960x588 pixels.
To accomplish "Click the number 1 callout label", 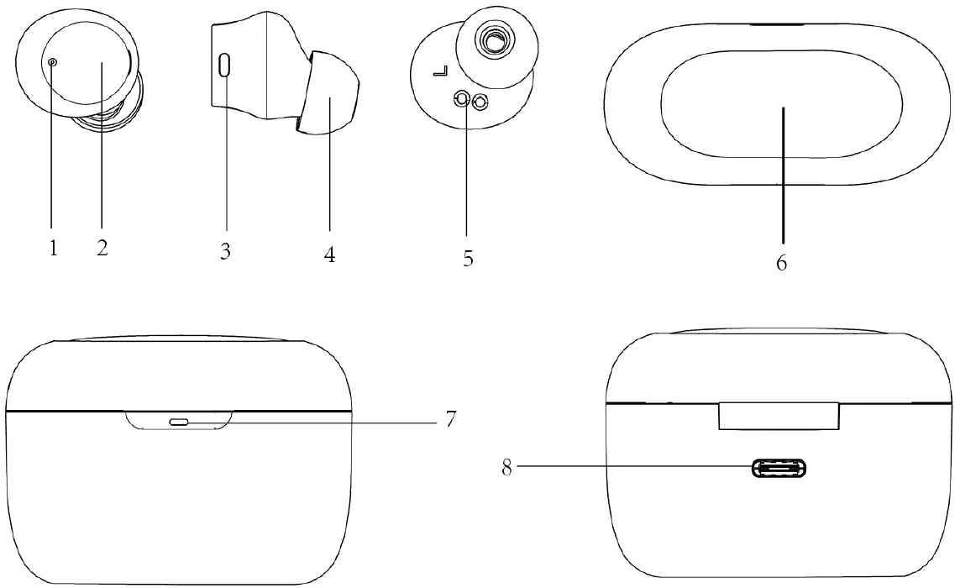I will (53, 249).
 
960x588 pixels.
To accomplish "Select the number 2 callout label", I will (102, 249).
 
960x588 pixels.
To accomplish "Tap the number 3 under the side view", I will (225, 252).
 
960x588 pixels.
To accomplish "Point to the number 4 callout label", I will (329, 255).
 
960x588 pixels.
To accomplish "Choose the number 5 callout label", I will (468, 259).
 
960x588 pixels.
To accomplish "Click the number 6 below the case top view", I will (781, 263).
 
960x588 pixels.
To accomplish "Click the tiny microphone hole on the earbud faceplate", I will (53, 61).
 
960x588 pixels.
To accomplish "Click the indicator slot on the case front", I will (180, 422).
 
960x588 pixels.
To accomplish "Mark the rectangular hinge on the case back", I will (778, 417).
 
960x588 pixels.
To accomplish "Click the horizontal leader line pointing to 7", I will (336, 422).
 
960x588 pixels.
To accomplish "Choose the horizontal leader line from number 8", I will (630, 468).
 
